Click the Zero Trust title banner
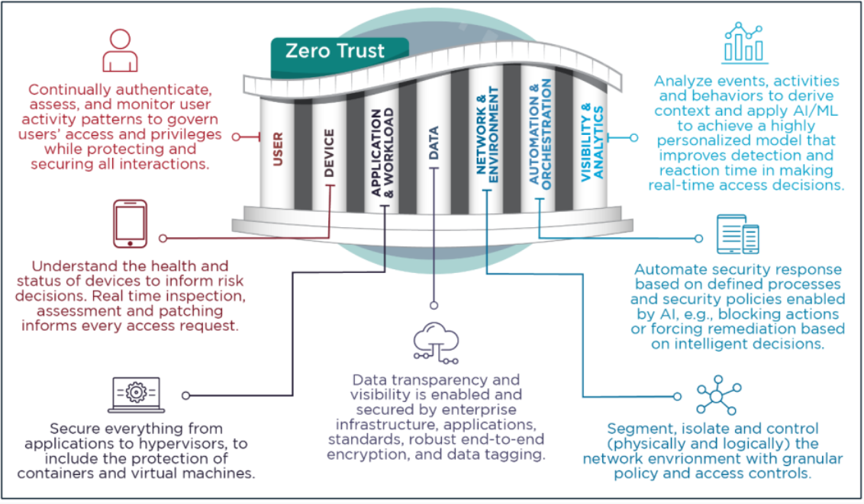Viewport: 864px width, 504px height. tap(335, 51)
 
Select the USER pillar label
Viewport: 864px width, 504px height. tap(279, 149)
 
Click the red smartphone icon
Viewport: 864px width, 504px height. tap(130, 223)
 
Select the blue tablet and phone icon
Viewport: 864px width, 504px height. tap(738, 234)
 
